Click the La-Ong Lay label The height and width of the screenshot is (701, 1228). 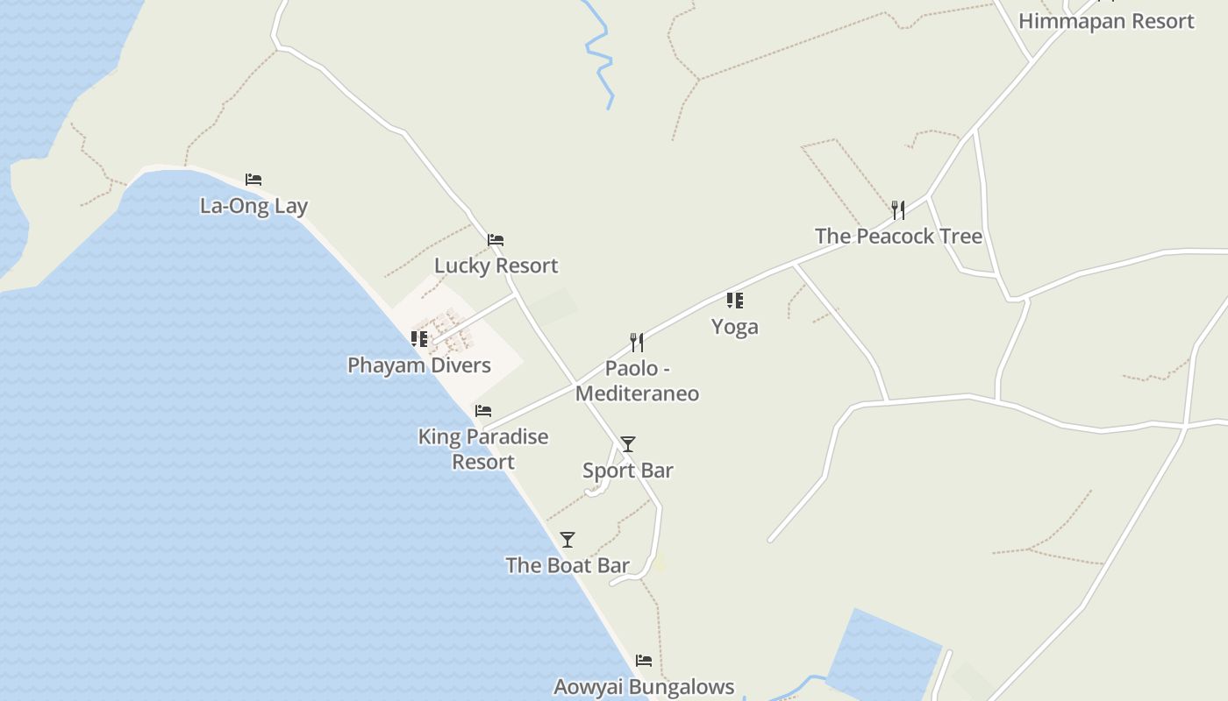coord(254,207)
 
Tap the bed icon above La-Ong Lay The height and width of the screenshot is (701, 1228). coord(253,180)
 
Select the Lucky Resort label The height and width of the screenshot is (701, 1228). coord(496,266)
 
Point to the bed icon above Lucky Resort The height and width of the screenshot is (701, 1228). coord(496,239)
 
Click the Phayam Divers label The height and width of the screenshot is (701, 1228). coord(419,365)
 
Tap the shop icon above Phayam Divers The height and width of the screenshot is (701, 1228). coord(419,338)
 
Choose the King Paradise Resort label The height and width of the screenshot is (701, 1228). coord(483,449)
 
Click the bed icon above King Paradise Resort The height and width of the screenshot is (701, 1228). coord(483,410)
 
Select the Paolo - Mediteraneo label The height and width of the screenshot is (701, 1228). coord(638,381)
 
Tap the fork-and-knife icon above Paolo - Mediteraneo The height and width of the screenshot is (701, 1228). coord(637,342)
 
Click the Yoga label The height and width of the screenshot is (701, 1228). coord(735,327)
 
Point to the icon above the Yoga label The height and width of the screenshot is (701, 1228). coord(735,301)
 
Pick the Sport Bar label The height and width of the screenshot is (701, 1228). coord(628,471)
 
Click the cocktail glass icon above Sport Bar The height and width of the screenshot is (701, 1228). coord(628,444)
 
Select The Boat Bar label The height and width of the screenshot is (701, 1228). coord(568,565)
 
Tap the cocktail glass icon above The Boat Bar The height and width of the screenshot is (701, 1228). coord(568,539)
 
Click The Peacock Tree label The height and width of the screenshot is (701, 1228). coord(898,237)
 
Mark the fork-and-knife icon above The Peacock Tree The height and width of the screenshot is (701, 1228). coord(898,210)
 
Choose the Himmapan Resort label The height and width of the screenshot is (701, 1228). coord(1106,21)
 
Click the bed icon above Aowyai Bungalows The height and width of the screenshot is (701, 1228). coord(644,660)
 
